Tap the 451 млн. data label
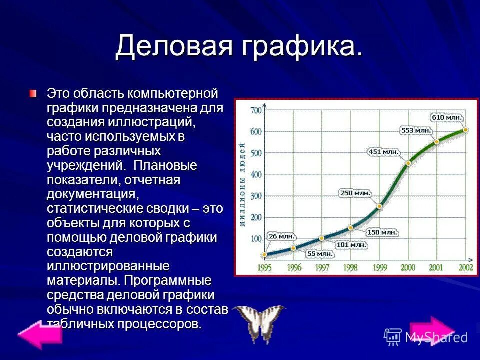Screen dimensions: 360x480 384,151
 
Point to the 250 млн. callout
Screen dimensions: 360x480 355,193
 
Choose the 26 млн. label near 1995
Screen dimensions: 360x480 281,236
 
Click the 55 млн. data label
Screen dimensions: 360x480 320,253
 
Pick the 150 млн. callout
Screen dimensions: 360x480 382,232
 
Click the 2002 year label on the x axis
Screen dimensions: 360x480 465,268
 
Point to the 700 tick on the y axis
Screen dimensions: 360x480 256,110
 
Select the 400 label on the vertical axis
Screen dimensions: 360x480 256,174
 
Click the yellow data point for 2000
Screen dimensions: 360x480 408,163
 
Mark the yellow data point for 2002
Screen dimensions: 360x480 465,130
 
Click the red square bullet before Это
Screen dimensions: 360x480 33,93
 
